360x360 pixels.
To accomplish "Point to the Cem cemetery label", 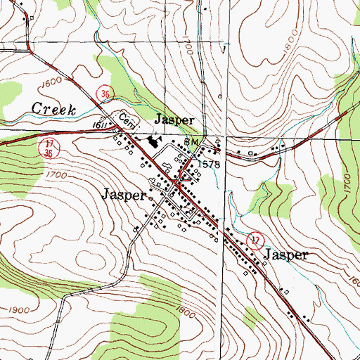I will tap(124, 119).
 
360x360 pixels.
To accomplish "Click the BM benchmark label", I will tap(191, 142).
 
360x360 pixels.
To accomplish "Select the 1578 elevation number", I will tap(210, 164).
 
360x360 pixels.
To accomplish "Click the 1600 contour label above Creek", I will tap(51, 83).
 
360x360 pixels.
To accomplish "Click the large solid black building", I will tap(153, 144).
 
